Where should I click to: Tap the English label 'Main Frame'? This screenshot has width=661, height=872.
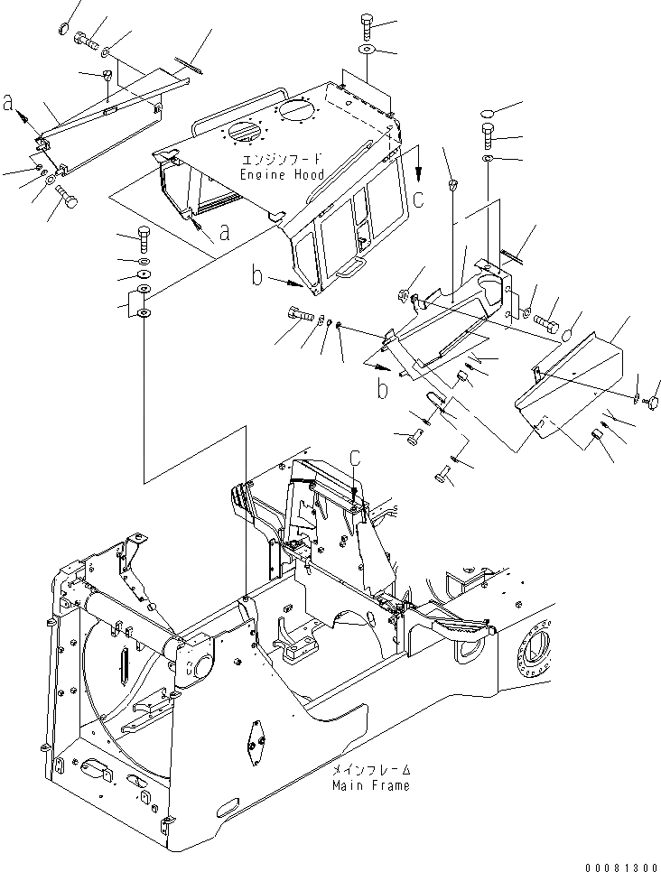pyautogui.click(x=370, y=785)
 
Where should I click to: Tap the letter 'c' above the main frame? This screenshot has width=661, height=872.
pyautogui.click(x=355, y=459)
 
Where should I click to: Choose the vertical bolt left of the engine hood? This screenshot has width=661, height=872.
pyautogui.click(x=145, y=242)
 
